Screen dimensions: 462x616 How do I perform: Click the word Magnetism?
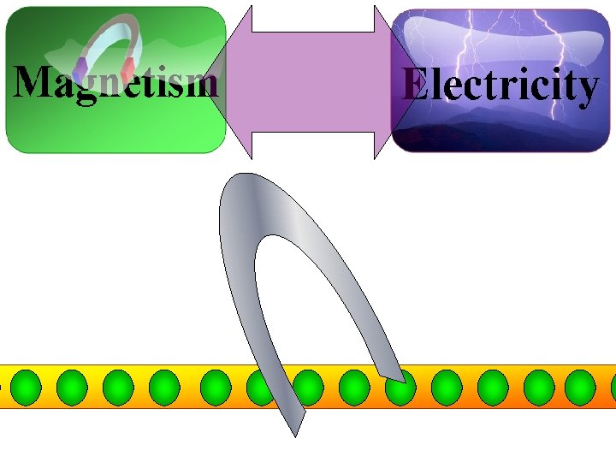tap(115, 83)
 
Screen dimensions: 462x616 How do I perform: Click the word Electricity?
tap(500, 86)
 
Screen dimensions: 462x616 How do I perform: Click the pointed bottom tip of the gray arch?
tap(294, 433)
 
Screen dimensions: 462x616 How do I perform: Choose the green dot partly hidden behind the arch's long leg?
tap(260, 387)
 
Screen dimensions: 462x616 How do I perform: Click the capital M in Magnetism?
tap(33, 81)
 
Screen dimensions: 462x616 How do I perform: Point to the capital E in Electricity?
tap(416, 85)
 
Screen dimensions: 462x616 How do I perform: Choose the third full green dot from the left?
tap(118, 387)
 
